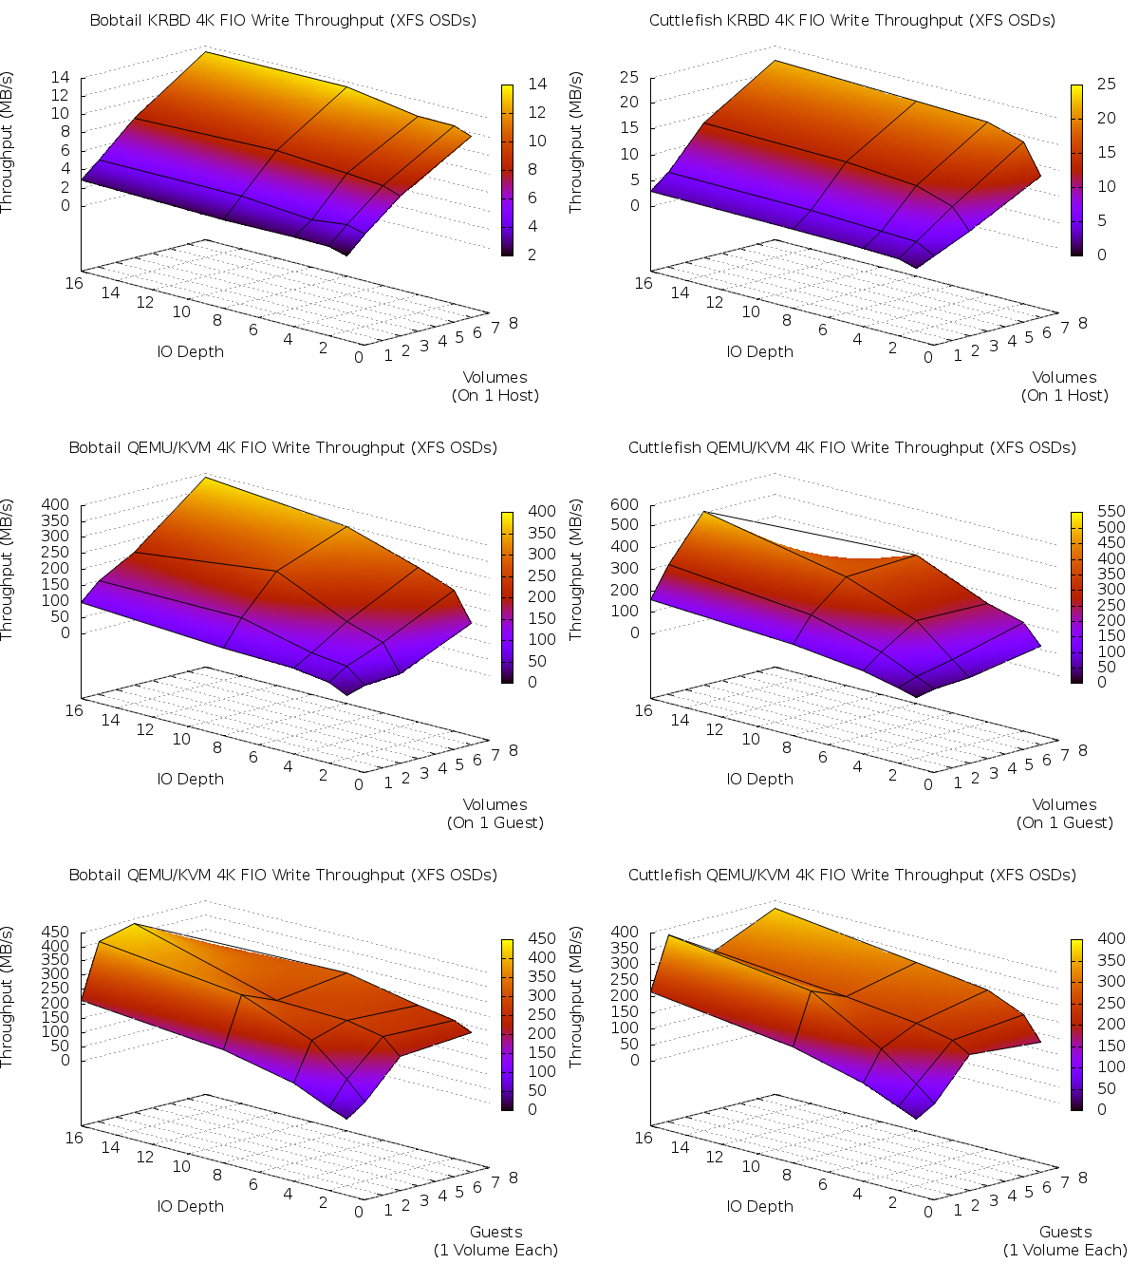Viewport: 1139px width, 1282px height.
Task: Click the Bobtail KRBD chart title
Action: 283,20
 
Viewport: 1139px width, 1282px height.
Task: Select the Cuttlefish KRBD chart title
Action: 851,20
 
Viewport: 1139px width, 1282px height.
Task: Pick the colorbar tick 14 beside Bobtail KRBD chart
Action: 537,84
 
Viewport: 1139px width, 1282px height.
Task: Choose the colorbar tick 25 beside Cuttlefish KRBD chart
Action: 1107,84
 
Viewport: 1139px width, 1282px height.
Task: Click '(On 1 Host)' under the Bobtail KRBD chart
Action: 495,395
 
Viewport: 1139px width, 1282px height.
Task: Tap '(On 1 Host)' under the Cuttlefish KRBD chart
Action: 1064,395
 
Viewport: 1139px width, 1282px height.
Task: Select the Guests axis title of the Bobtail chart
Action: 495,1232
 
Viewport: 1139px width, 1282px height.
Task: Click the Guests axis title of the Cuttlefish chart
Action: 1065,1232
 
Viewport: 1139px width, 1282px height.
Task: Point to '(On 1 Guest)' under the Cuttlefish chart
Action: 1064,822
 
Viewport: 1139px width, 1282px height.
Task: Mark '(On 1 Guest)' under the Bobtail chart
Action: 495,822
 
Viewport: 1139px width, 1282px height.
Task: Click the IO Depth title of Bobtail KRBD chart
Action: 190,351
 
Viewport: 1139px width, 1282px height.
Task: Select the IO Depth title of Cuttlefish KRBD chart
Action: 759,351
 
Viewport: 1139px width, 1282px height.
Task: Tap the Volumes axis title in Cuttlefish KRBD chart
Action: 1064,377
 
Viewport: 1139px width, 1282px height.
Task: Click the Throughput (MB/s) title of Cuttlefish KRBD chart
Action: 576,142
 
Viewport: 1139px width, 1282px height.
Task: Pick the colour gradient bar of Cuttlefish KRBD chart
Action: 1076,170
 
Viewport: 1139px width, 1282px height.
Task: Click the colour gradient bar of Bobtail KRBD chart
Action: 507,170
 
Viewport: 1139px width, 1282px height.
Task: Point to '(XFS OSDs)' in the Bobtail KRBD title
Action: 432,20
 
